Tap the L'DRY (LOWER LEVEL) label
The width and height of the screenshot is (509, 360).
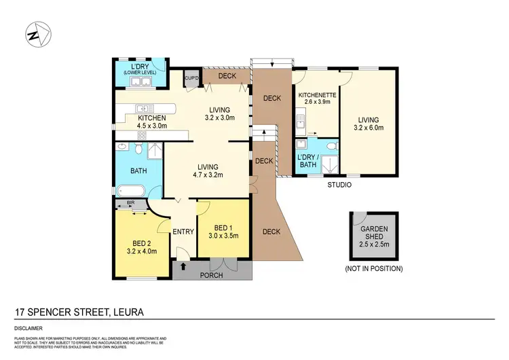[140, 69]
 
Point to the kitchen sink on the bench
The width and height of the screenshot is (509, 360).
[143, 108]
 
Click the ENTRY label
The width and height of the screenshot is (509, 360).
[183, 232]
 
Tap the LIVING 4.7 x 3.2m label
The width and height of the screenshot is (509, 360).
[208, 170]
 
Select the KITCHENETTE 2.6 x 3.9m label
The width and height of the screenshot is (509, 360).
[317, 98]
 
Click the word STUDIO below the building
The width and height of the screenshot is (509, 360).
[339, 184]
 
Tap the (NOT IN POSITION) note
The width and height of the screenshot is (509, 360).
[375, 269]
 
